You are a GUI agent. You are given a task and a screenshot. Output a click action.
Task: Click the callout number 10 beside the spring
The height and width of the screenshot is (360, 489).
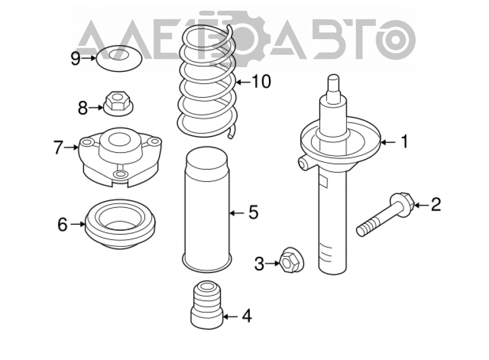(x=261, y=82)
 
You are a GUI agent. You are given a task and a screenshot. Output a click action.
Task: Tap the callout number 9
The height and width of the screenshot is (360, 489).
(x=76, y=58)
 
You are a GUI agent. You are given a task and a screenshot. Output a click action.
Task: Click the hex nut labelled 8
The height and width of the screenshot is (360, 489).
(x=118, y=103)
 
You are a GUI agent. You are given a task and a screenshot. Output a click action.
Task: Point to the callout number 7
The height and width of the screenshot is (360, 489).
(x=58, y=147)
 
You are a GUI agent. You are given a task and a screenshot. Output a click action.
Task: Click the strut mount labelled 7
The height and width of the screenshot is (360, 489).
(x=120, y=157)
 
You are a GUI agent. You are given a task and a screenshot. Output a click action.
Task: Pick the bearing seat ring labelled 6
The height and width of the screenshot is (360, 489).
(x=120, y=225)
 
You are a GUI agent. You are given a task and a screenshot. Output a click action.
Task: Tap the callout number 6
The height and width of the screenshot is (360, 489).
(x=63, y=225)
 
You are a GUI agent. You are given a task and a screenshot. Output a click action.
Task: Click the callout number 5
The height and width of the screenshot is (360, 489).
(x=253, y=212)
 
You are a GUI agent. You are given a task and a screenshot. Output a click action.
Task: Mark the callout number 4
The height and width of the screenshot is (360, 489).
(x=246, y=316)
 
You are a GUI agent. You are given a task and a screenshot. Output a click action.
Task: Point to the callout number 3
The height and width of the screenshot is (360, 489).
(x=259, y=264)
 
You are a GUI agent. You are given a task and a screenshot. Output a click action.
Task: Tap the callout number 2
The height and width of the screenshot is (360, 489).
(x=436, y=204)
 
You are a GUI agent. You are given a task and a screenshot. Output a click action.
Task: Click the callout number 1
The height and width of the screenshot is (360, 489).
(x=404, y=142)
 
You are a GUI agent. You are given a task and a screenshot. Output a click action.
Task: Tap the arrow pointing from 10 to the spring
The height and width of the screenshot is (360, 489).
(x=244, y=82)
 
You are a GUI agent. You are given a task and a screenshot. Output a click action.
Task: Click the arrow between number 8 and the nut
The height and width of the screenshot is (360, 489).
(x=95, y=108)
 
